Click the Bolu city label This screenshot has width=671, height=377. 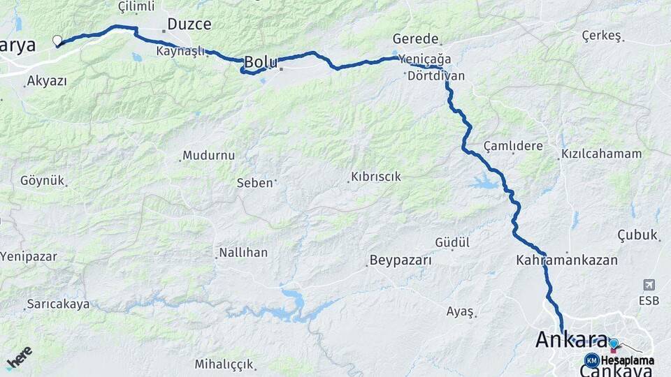(261, 62)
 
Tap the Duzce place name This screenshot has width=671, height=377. (189, 24)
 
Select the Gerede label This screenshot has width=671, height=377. (415, 39)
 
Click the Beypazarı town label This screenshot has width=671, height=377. (399, 261)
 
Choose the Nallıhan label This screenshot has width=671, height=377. (243, 252)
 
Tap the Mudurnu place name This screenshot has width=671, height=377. (208, 156)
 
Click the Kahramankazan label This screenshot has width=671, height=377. (567, 260)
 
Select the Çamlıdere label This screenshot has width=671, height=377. (513, 146)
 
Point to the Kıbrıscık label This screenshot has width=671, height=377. (376, 177)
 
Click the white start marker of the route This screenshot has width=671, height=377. (57, 40)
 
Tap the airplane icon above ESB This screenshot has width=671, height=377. (649, 285)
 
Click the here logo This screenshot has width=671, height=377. (19, 357)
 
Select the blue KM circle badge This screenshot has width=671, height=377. (591, 360)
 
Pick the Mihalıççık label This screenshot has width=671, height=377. (224, 364)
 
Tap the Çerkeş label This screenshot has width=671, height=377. (601, 36)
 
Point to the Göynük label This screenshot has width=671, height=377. (42, 180)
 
